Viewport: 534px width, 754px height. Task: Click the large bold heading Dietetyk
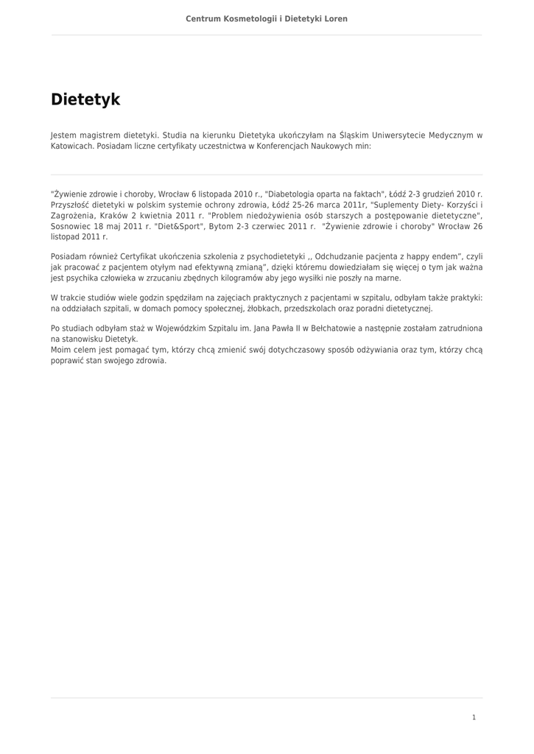click(x=85, y=99)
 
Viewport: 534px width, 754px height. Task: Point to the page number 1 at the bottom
click(x=474, y=717)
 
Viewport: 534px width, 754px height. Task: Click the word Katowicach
click(x=72, y=146)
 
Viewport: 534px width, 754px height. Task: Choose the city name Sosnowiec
click(x=72, y=226)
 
